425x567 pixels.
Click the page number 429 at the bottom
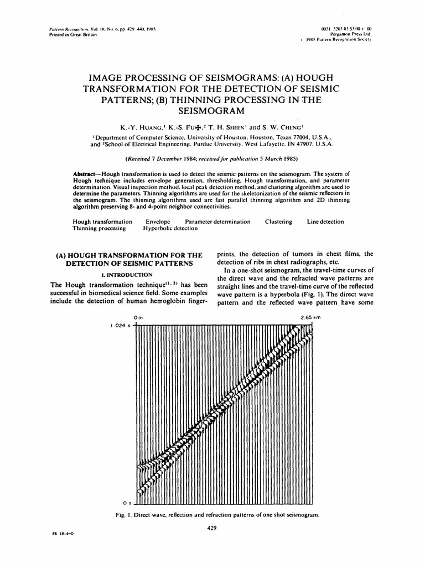[x=210, y=528]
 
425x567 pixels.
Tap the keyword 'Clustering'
[x=278, y=221]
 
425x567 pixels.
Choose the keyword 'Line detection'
[x=325, y=221]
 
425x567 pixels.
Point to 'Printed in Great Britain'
[x=66, y=34]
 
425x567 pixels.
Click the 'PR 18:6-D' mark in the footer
[x=54, y=533]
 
